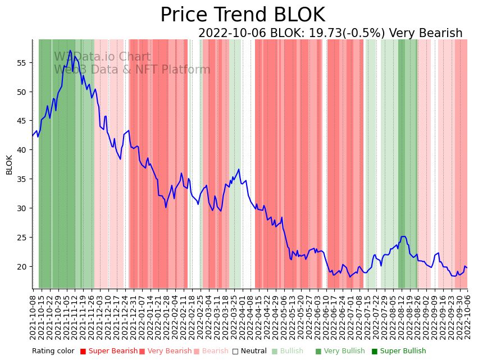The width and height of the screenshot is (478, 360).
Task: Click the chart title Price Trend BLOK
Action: (x=242, y=15)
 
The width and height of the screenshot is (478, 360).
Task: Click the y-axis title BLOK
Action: (x=10, y=165)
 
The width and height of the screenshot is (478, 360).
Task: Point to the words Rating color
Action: (x=53, y=351)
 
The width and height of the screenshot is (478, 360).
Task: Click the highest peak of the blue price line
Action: (x=71, y=51)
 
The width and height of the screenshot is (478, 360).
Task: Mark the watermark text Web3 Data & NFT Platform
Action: (x=132, y=70)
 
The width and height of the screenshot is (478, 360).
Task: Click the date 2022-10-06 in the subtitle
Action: (x=233, y=34)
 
